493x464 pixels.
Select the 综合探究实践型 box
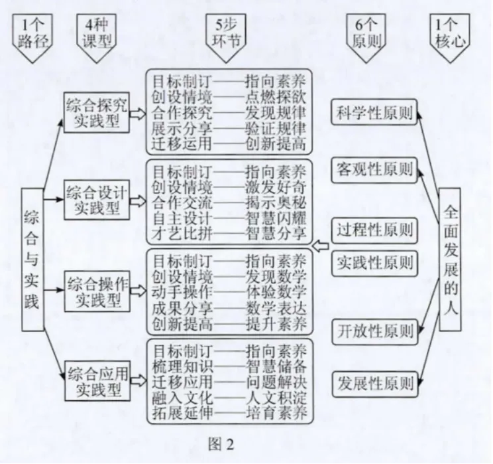[97, 114]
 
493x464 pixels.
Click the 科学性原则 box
[373, 113]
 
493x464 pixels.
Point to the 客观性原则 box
[373, 170]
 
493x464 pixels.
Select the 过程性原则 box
[373, 230]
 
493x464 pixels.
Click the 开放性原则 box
[373, 329]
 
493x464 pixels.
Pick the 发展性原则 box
[373, 383]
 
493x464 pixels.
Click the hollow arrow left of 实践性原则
[320, 246]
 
